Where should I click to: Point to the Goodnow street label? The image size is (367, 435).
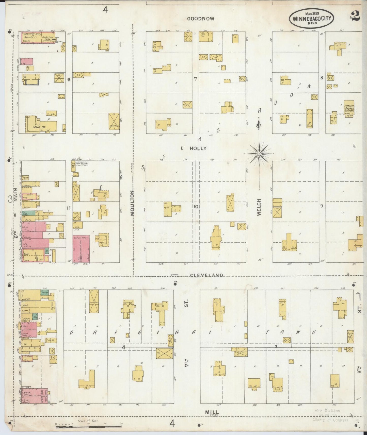201,19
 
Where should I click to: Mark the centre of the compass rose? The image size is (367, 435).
259,154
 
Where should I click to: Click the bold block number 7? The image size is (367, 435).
195,79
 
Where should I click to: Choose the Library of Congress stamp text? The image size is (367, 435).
330,420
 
